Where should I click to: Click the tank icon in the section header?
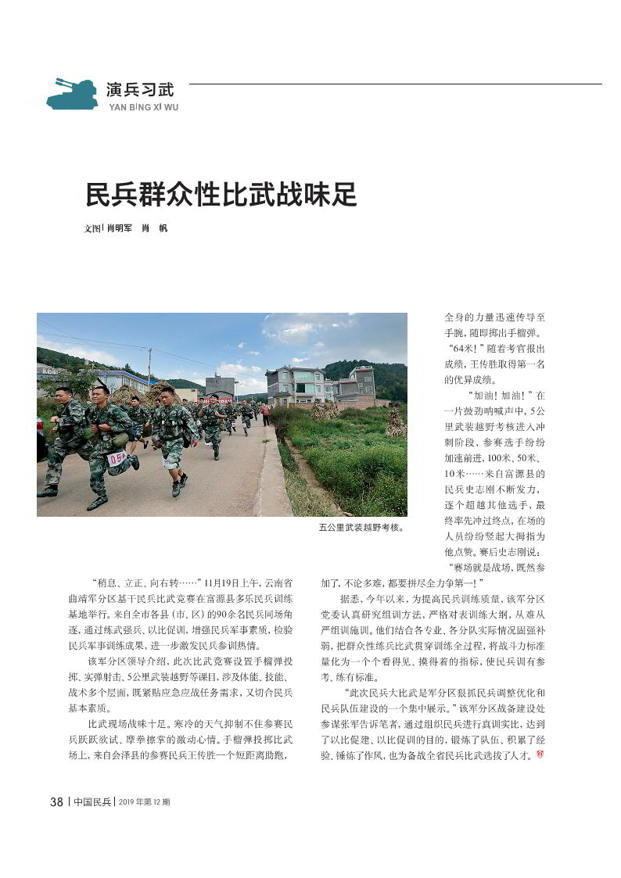pyautogui.click(x=72, y=95)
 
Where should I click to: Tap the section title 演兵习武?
pyautogui.click(x=141, y=89)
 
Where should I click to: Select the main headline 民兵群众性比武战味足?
pyautogui.click(x=221, y=195)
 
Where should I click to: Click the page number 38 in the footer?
pyautogui.click(x=56, y=801)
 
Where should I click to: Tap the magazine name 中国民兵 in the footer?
pyautogui.click(x=92, y=802)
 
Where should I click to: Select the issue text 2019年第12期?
pyautogui.click(x=144, y=802)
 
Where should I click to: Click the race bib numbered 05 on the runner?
pyautogui.click(x=117, y=458)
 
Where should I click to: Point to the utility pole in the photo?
pyautogui.click(x=149, y=367)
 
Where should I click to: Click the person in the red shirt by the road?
pyautogui.click(x=266, y=413)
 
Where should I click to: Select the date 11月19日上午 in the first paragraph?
pyautogui.click(x=231, y=582)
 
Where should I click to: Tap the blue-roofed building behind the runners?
pyautogui.click(x=125, y=381)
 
